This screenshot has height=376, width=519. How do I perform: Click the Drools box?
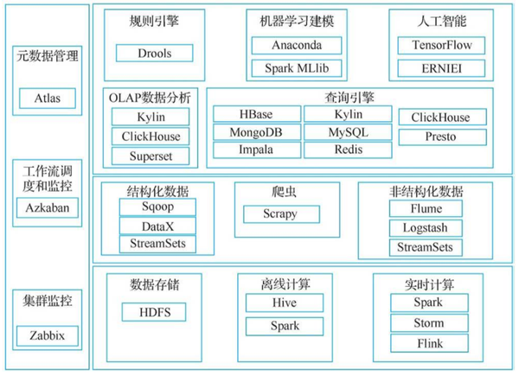click(x=154, y=53)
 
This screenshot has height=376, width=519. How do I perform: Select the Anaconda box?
click(x=297, y=45)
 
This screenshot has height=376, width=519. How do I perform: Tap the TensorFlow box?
click(x=441, y=45)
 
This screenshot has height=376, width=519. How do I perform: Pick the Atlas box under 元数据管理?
click(x=48, y=99)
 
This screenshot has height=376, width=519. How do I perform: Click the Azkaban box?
click(x=48, y=207)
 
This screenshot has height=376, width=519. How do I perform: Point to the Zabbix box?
click(x=48, y=335)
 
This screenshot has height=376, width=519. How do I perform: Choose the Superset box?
click(x=151, y=156)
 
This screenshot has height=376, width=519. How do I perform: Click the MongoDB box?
click(x=257, y=132)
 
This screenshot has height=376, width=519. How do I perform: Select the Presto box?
click(x=443, y=137)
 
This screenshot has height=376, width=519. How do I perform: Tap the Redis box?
click(x=348, y=150)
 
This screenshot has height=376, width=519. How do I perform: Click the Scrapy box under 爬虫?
click(x=281, y=214)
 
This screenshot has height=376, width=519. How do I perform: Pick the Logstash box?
click(x=426, y=228)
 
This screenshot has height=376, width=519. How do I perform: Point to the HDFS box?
click(x=154, y=312)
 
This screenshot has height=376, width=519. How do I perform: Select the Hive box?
click(x=285, y=303)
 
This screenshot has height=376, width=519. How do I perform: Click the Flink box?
click(x=429, y=343)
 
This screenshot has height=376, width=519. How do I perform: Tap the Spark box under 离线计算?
click(x=285, y=326)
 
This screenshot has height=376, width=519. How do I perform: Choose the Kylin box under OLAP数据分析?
click(x=151, y=117)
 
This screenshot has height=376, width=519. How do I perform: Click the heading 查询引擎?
click(x=349, y=97)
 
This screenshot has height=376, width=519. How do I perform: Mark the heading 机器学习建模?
click(x=297, y=21)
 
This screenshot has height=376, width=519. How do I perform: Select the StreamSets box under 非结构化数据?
click(x=426, y=247)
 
